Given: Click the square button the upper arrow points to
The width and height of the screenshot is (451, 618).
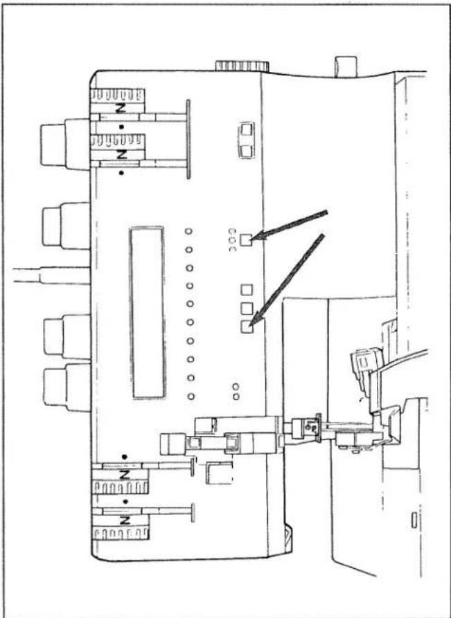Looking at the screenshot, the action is coord(246,239).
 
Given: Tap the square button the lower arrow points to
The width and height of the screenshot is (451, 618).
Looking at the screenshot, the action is coord(247,327).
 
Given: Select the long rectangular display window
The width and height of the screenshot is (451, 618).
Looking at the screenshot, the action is coord(147,312).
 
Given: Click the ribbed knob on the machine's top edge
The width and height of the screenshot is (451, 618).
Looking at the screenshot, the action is coord(242,66).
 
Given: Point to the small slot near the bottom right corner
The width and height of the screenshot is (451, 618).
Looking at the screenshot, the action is coord(414,520).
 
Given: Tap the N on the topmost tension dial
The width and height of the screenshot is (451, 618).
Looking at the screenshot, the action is coord(122,107).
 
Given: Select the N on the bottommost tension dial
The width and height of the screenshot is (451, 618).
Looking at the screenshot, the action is coord(124,520).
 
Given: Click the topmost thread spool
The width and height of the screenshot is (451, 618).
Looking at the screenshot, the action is coord(65,144).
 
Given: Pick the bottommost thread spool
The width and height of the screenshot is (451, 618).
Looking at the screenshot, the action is coord(67,388).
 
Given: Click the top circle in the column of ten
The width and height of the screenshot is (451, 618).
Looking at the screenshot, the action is coord(188,231).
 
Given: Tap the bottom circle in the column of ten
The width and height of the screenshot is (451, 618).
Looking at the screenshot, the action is coord(191,396).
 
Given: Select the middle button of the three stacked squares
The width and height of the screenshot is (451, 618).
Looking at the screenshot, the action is coord(247,308).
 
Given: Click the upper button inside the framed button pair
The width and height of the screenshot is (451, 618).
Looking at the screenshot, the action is coord(247,129).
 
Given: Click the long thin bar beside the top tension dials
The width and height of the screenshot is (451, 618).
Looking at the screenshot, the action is coord(188,139).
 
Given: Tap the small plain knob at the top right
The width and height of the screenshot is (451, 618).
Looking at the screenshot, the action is coord(346,66).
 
